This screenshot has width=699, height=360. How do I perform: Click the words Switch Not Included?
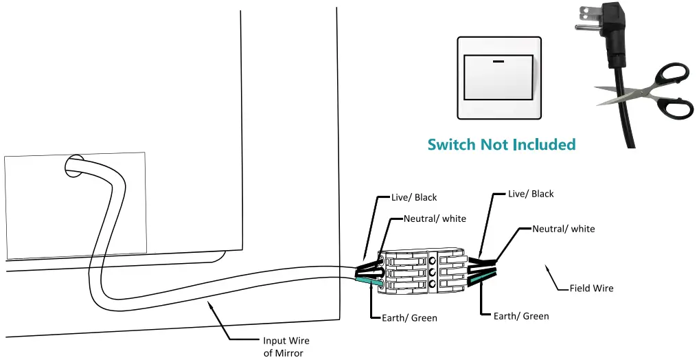tap(501, 145)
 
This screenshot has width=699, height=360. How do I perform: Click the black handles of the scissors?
tap(669, 89)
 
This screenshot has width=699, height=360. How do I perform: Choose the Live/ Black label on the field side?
tap(531, 194)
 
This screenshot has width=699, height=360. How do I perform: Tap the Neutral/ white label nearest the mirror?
tap(435, 219)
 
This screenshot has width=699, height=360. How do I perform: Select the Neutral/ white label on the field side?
tap(564, 229)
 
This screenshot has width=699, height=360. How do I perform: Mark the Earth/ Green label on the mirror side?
tap(410, 318)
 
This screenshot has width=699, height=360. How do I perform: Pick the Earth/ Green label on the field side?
tap(521, 316)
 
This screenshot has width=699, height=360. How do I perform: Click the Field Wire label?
tap(591, 289)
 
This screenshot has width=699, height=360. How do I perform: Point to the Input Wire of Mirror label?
tap(286, 346)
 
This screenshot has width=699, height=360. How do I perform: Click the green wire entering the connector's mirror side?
tap(369, 281)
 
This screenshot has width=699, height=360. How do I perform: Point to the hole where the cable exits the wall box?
tap(73, 166)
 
